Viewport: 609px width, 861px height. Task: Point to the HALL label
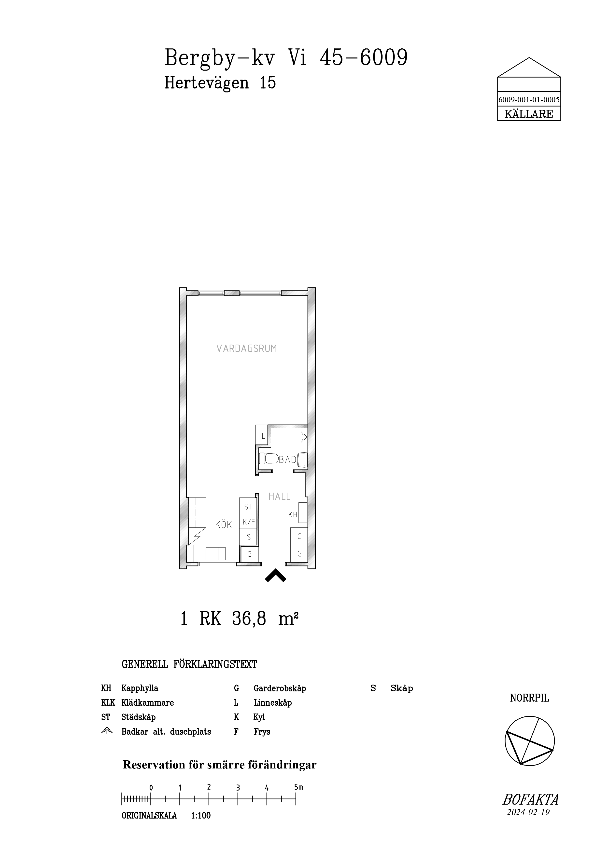pos(280,497)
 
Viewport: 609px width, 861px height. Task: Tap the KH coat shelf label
pos(293,515)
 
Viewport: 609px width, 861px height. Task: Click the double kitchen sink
pos(216,553)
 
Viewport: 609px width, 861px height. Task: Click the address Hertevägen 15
pos(220,82)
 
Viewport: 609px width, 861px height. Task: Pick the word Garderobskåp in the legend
pos(280,688)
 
